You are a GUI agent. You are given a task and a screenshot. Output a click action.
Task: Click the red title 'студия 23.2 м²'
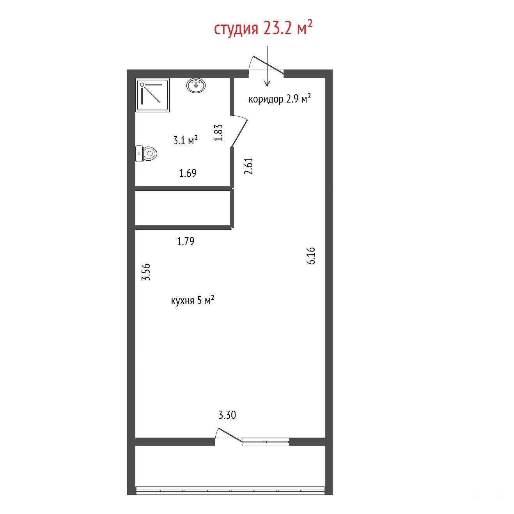(x=263, y=28)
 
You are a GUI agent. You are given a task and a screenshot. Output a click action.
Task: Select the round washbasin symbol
(x=196, y=85)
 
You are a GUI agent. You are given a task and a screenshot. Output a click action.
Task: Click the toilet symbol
(x=146, y=154)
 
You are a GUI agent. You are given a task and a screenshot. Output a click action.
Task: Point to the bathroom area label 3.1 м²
(x=185, y=140)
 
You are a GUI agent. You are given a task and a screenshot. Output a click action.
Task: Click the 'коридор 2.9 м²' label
(x=280, y=99)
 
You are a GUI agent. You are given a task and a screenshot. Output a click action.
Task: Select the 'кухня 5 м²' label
(x=193, y=301)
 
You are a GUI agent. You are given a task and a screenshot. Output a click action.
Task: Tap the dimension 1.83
(x=218, y=133)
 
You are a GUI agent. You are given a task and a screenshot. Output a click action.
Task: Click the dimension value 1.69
(x=188, y=174)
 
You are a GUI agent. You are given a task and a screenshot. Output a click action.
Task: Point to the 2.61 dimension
(x=248, y=166)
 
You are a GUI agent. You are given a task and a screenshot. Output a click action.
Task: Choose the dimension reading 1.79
(x=186, y=241)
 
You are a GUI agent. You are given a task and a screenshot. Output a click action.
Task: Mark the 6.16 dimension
(x=311, y=256)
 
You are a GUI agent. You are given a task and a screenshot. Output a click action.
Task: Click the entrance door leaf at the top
(x=268, y=65)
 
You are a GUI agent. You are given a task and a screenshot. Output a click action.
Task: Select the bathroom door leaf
(x=240, y=133)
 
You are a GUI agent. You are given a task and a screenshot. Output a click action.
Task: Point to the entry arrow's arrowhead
(x=267, y=83)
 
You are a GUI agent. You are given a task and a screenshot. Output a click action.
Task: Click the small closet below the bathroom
(x=183, y=208)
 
